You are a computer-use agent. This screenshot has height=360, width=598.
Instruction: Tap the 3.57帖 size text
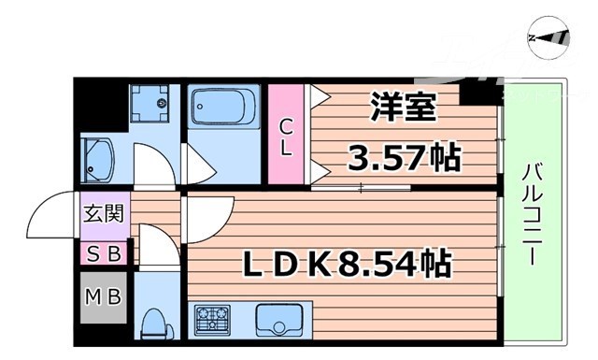[405, 156]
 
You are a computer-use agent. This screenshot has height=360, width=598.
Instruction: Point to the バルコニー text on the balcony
[534, 212]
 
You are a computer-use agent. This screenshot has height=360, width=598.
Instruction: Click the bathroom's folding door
[199, 165]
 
